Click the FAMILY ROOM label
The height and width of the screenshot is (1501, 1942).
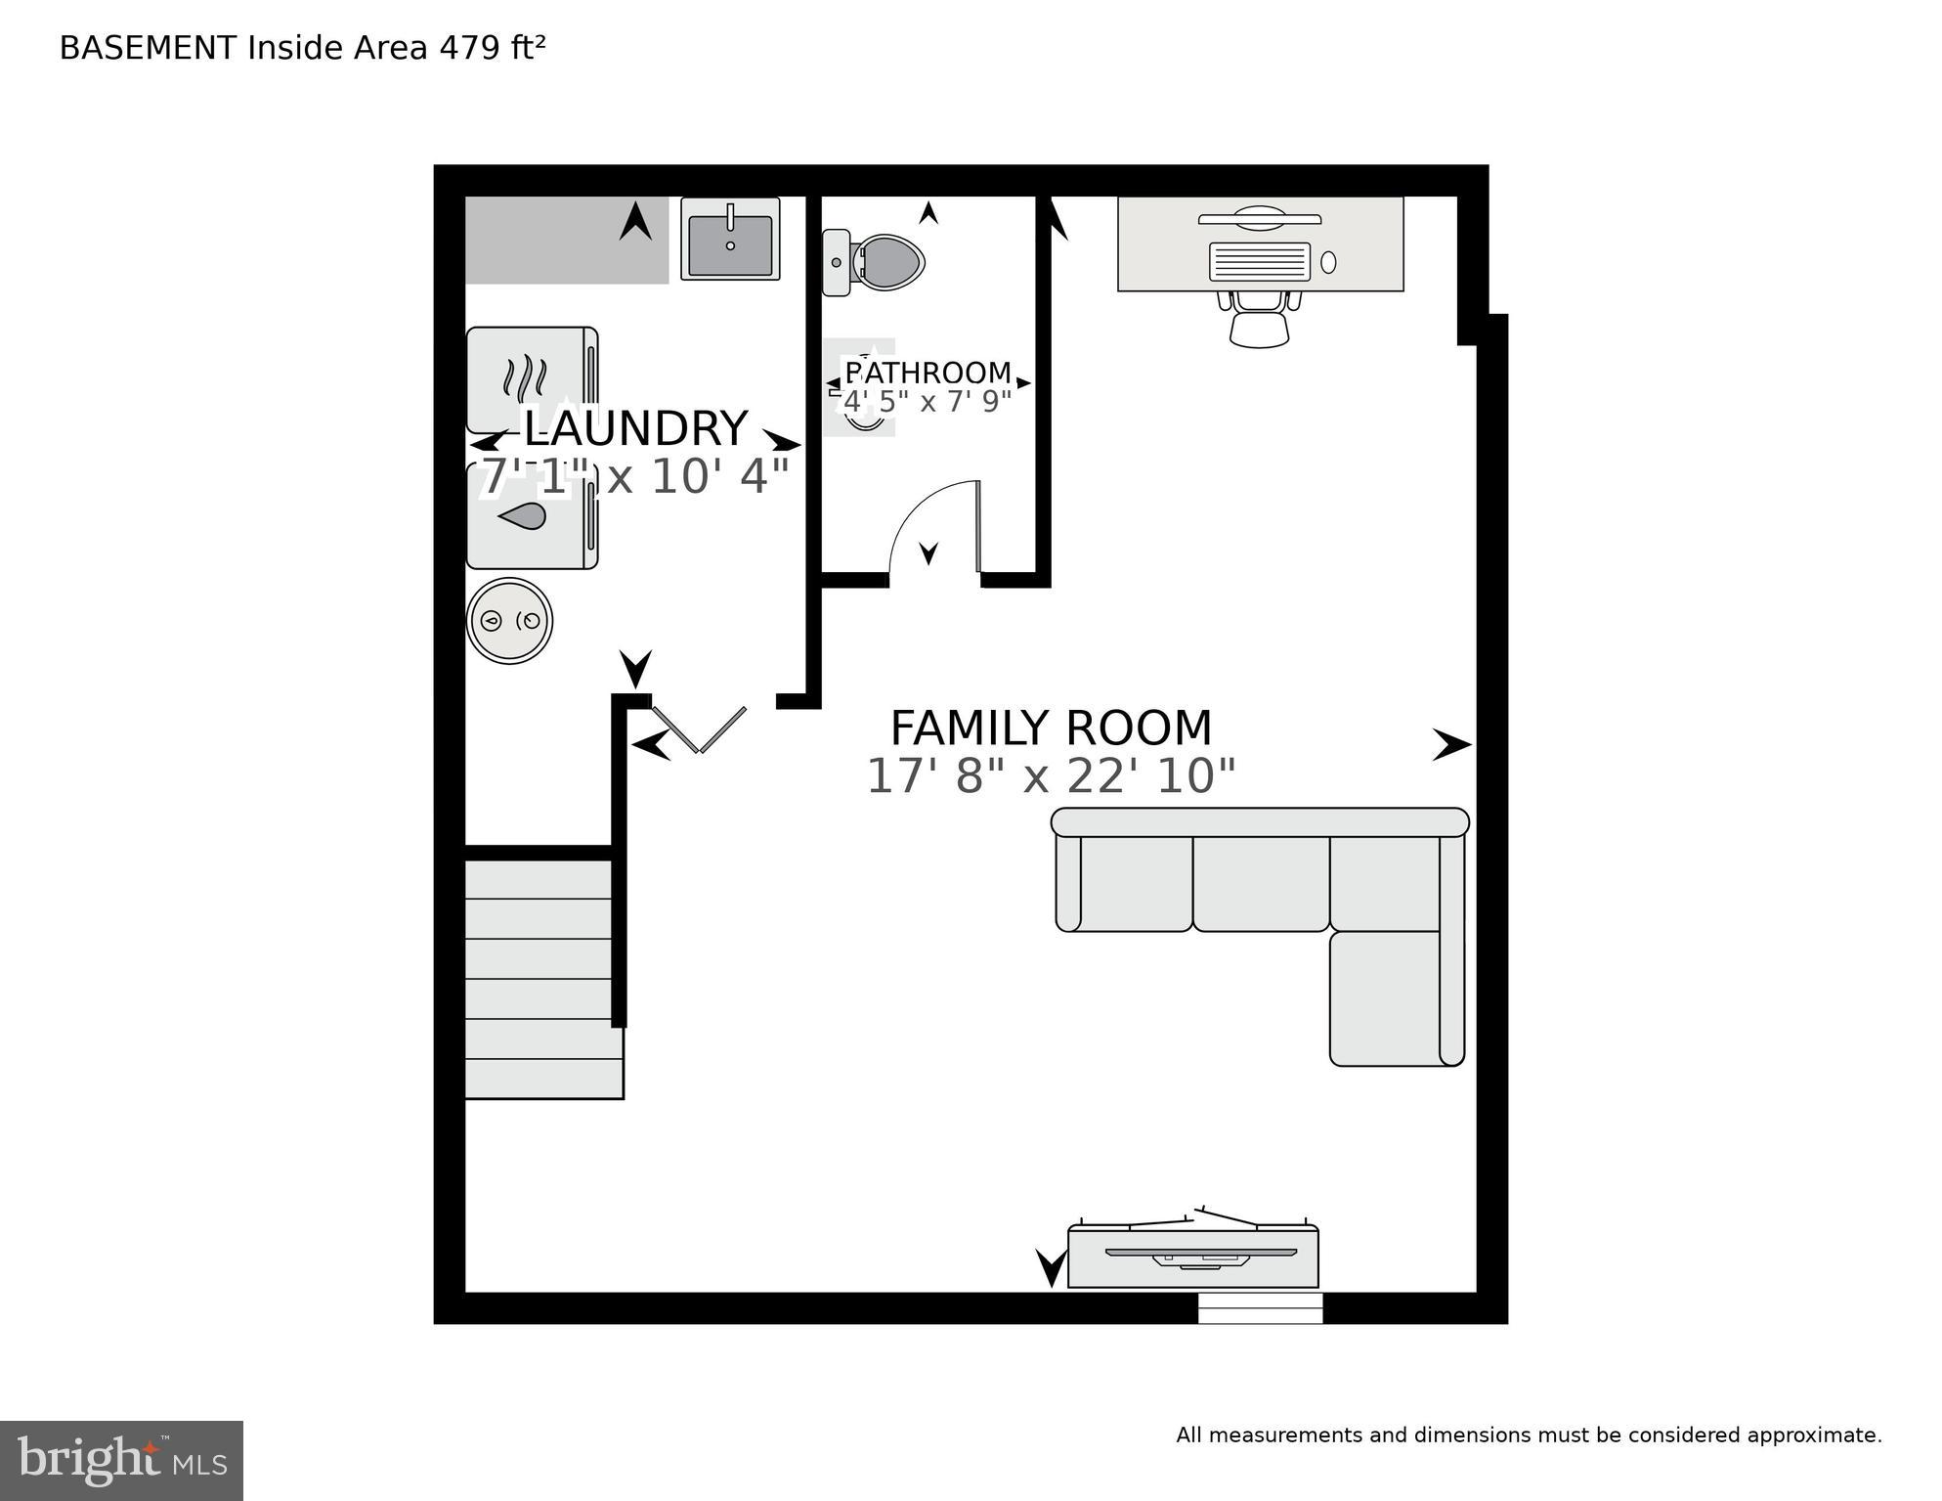tap(1051, 728)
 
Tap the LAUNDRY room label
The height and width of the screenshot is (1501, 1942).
tap(635, 429)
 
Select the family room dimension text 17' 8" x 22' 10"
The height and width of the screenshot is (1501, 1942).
tap(1051, 776)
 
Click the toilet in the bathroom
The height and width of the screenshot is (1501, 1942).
tap(875, 262)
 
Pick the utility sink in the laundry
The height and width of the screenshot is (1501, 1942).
tap(730, 240)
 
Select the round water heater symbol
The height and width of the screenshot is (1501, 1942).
tap(509, 621)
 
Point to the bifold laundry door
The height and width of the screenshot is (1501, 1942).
tap(700, 728)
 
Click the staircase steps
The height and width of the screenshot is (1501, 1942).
tap(542, 978)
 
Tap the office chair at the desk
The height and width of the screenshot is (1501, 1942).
tap(1259, 318)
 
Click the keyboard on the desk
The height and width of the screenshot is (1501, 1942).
tap(1259, 262)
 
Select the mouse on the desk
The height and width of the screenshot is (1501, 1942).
tap(1328, 262)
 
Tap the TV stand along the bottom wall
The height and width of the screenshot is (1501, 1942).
tap(1192, 1257)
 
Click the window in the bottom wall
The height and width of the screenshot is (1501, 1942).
tap(1260, 1308)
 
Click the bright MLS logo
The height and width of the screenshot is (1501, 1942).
tap(121, 1461)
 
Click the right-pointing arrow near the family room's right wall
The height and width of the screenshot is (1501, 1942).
tap(1451, 744)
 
